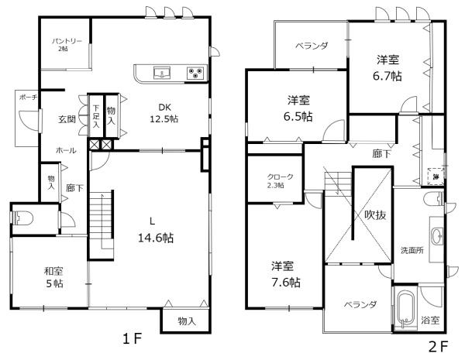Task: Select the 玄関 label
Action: tap(67, 120)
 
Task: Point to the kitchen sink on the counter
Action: tap(163, 74)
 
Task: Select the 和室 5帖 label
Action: tap(53, 277)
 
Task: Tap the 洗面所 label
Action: tap(412, 251)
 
